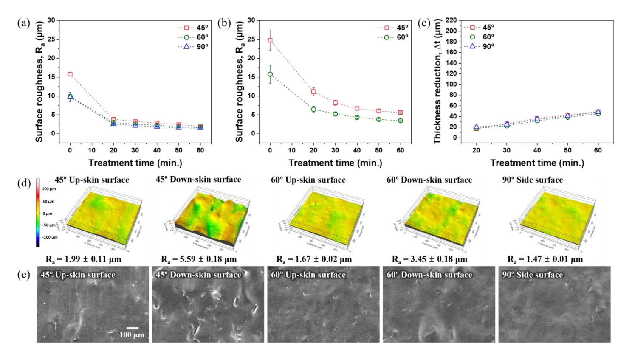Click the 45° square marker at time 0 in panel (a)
[x=70, y=74]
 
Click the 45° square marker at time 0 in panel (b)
[x=270, y=40]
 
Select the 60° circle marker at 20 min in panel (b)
[x=314, y=110]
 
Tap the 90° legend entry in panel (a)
[x=193, y=47]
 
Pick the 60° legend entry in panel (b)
[x=393, y=37]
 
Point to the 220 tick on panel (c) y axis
[x=451, y=20]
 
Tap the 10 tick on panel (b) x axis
[x=292, y=150]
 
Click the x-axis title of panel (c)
[x=537, y=163]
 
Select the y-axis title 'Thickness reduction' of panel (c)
[x=437, y=81]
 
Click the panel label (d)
[x=24, y=183]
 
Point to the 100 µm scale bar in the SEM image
[x=133, y=328]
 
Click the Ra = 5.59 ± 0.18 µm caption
[x=199, y=259]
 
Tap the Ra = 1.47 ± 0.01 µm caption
[x=545, y=259]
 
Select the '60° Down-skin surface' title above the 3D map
[x=429, y=180]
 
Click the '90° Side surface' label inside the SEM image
[x=532, y=275]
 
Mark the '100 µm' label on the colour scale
[x=49, y=189]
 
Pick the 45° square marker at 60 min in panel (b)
[x=400, y=112]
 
